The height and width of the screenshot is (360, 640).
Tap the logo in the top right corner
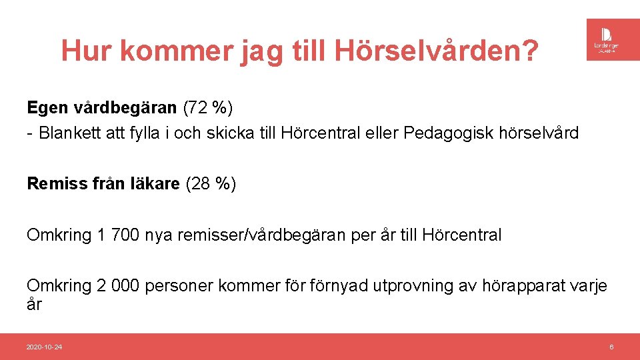[608, 39]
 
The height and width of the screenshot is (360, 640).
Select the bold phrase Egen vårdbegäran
[102, 107]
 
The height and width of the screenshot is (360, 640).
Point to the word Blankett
[71, 133]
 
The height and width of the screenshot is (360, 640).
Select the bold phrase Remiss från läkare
[103, 184]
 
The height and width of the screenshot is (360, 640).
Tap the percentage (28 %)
[211, 184]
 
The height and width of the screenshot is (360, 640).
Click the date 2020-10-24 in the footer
[44, 347]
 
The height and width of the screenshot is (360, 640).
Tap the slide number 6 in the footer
[611, 347]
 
